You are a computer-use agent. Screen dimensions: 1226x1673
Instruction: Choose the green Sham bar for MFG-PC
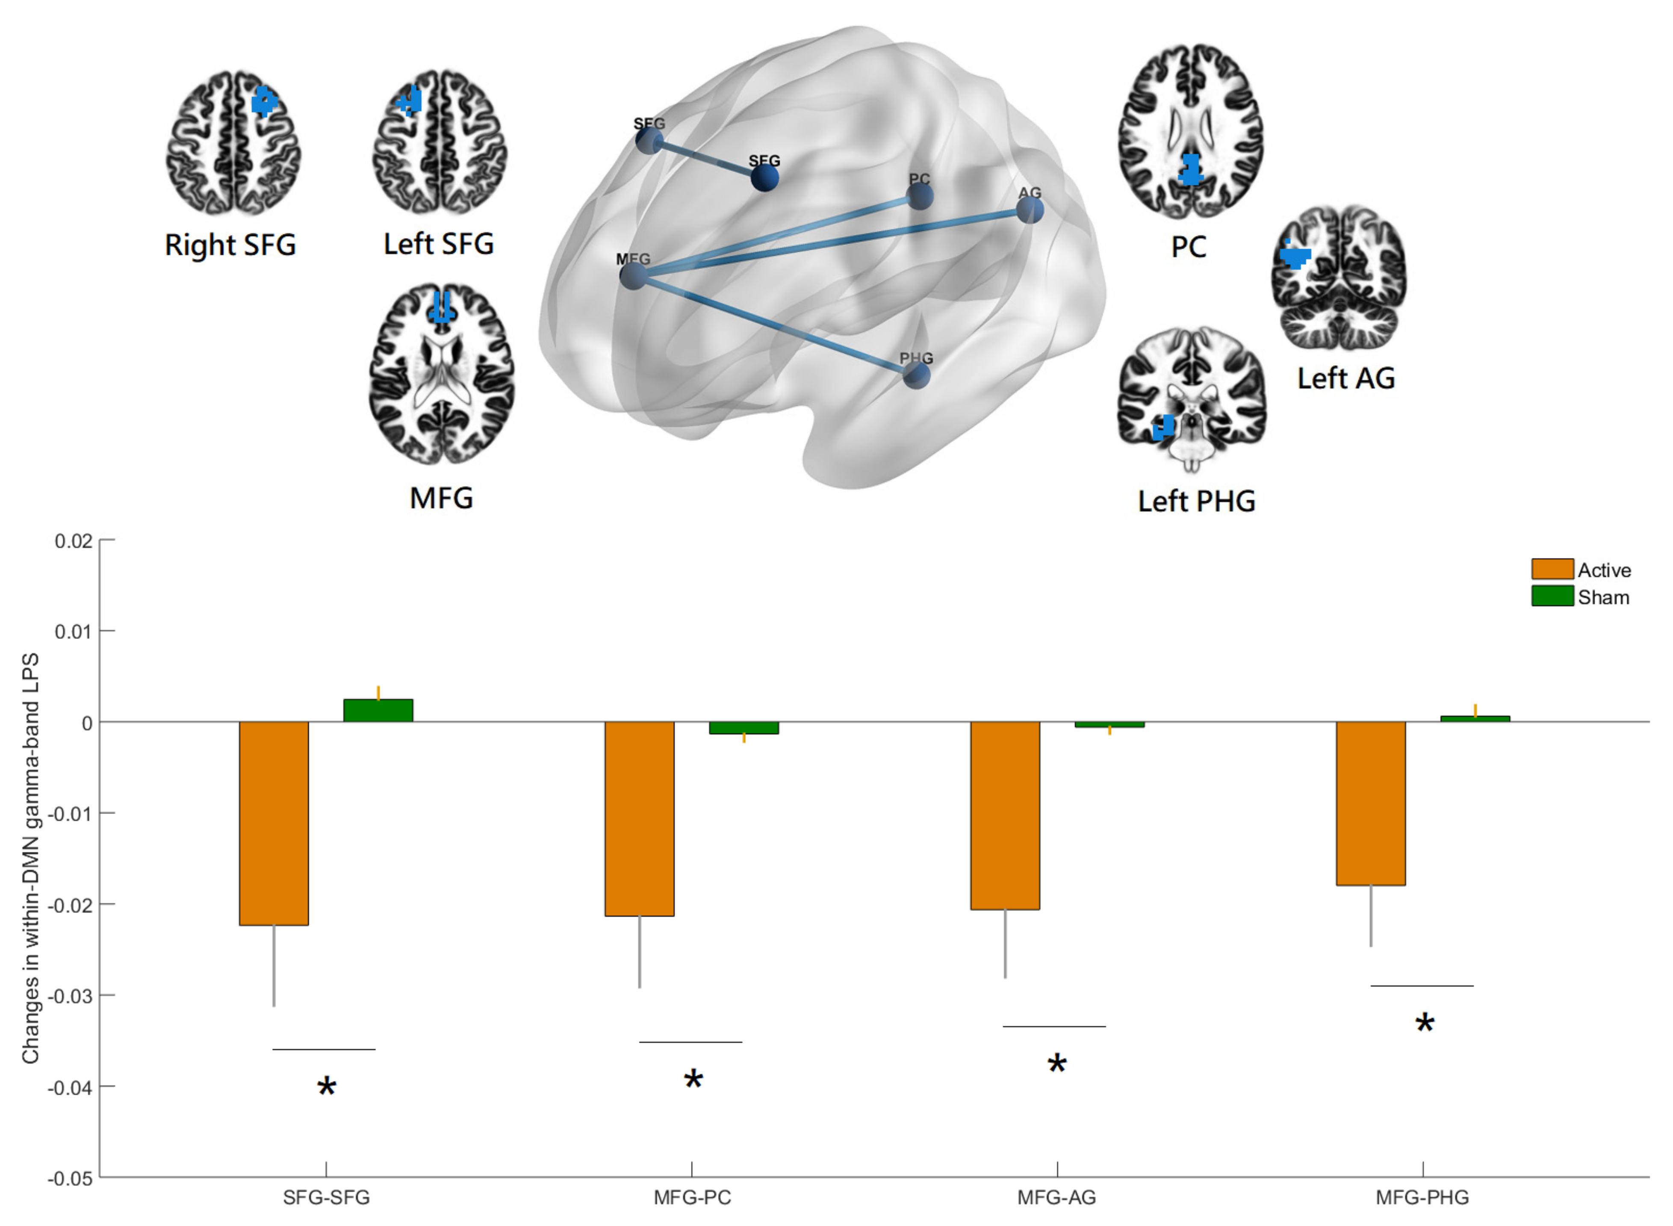tap(744, 727)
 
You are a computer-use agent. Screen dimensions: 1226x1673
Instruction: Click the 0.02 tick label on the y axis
tap(73, 541)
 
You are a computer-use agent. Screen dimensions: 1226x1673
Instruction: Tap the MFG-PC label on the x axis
tap(691, 1197)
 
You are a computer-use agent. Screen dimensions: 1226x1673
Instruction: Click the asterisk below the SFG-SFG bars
tap(327, 1088)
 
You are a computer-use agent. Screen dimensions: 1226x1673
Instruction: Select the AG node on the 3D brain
tap(1030, 210)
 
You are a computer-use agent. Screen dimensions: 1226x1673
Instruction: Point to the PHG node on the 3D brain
tap(916, 375)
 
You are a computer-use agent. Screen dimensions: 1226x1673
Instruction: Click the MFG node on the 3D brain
tap(633, 276)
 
